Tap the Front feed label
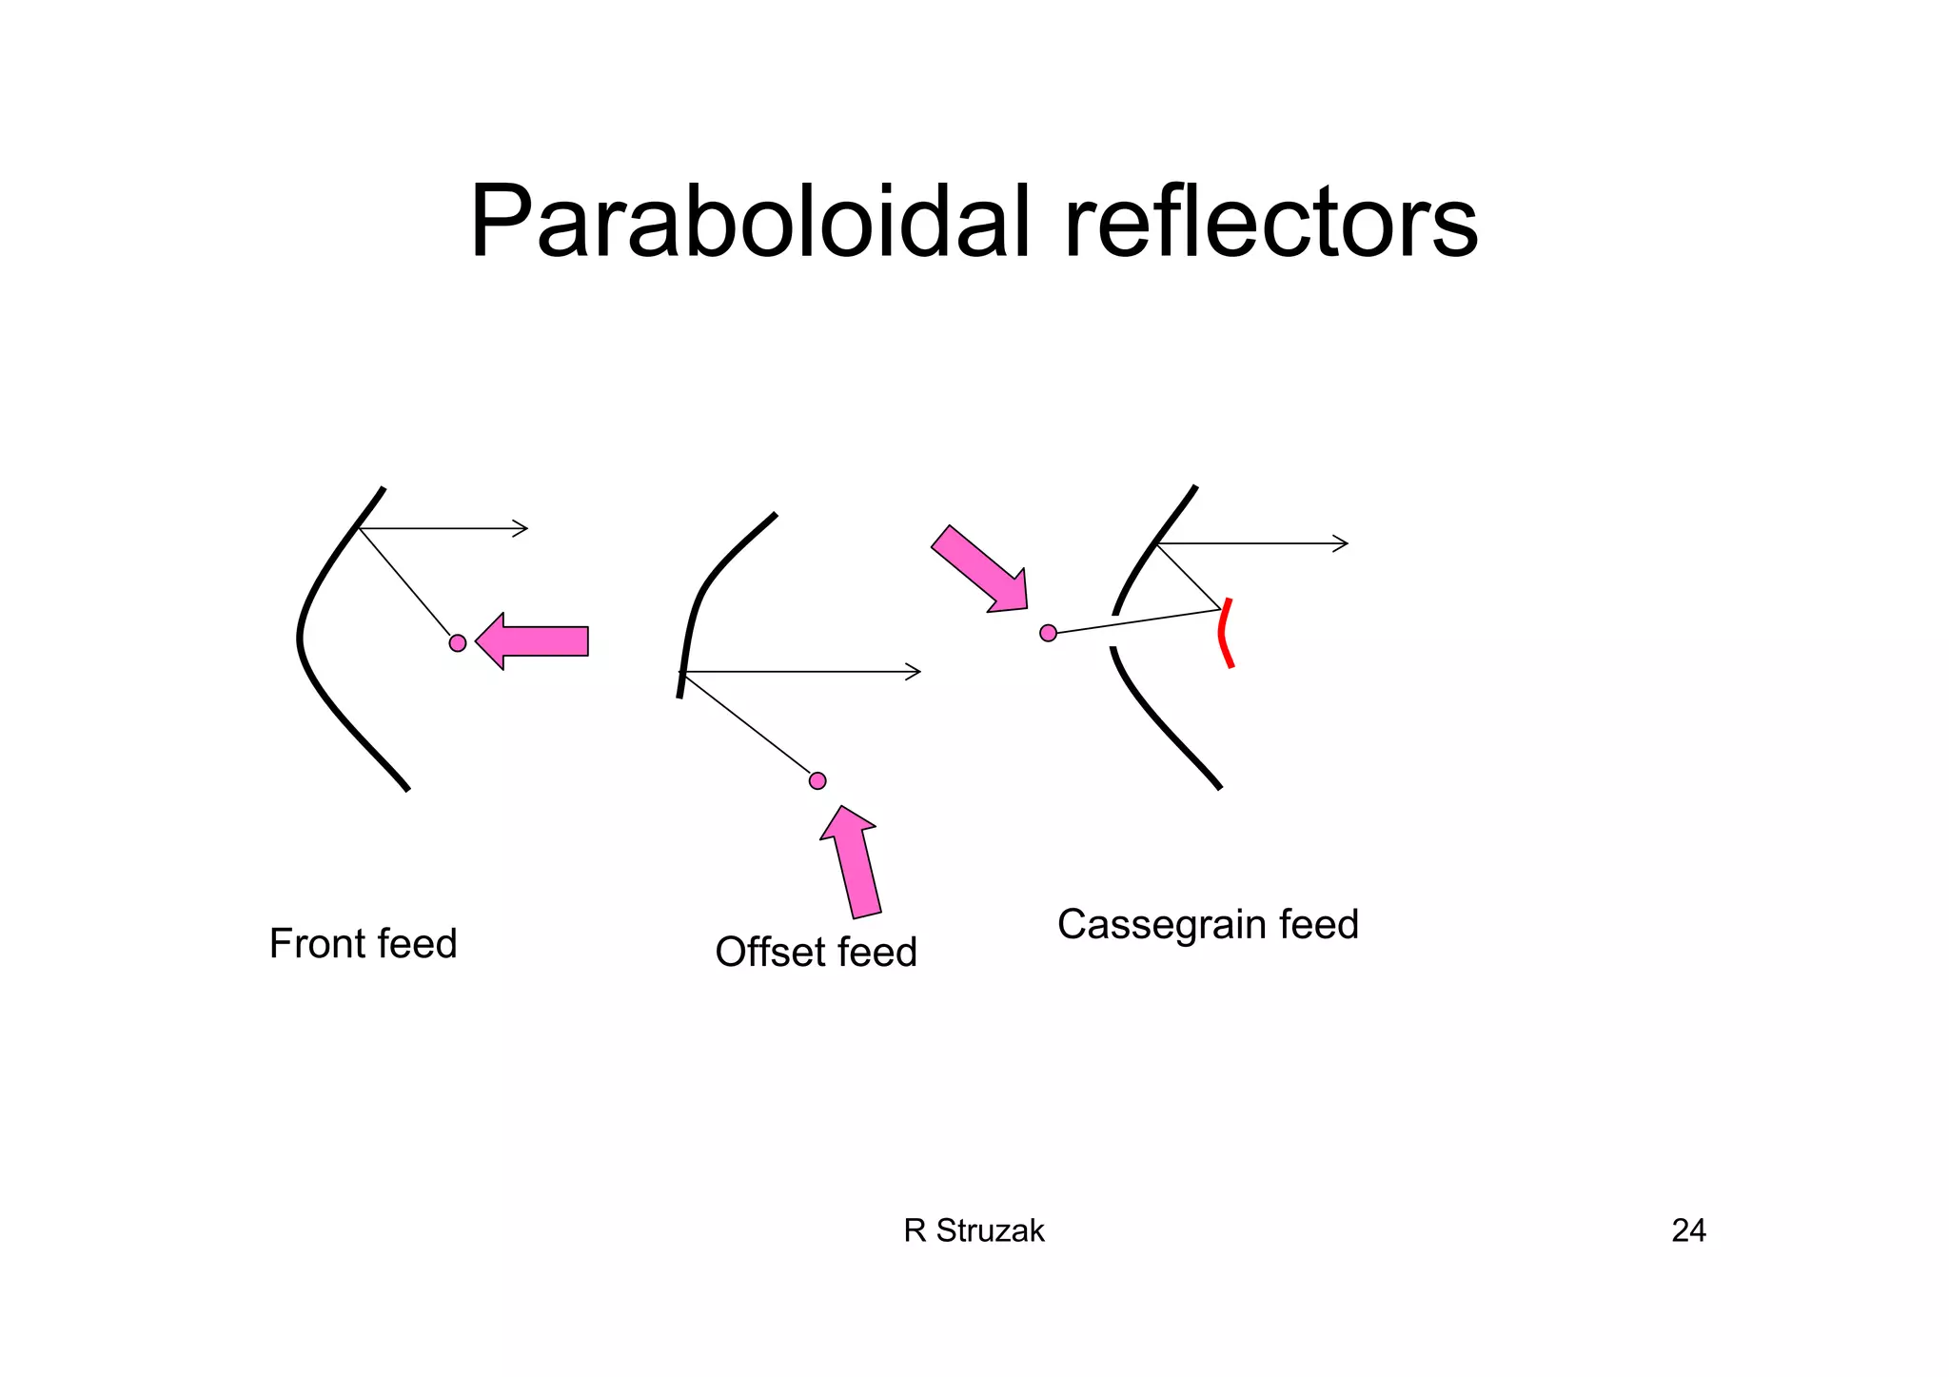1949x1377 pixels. coord(363,944)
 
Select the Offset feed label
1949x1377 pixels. coord(816,952)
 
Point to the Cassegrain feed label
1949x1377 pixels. coord(1208,924)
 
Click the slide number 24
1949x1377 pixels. coord(1688,1230)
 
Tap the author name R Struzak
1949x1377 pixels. coord(974,1230)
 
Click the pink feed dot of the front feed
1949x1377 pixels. coord(458,643)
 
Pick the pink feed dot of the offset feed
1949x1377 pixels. coord(817,780)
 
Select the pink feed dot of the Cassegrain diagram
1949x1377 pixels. coord(1048,633)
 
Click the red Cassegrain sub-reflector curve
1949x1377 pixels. coord(1224,633)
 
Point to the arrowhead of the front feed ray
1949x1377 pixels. coord(522,528)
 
